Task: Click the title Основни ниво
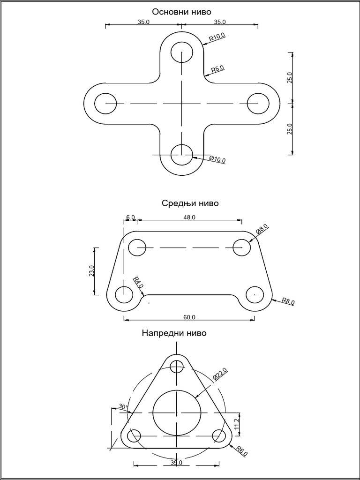(x=181, y=11)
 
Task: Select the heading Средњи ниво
(x=190, y=203)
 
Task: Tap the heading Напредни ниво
(x=174, y=333)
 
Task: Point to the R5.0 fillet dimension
(x=217, y=69)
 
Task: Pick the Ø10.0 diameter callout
(x=217, y=159)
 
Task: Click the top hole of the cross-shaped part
(x=181, y=52)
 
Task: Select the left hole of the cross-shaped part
(x=105, y=103)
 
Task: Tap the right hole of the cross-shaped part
(x=258, y=103)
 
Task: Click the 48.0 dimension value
(x=189, y=217)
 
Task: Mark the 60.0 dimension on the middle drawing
(x=189, y=317)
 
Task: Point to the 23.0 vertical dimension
(x=91, y=271)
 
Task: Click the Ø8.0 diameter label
(x=262, y=229)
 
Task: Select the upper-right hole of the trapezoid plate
(x=242, y=247)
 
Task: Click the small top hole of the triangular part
(x=176, y=366)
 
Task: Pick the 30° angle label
(x=123, y=407)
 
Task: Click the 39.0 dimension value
(x=176, y=463)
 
